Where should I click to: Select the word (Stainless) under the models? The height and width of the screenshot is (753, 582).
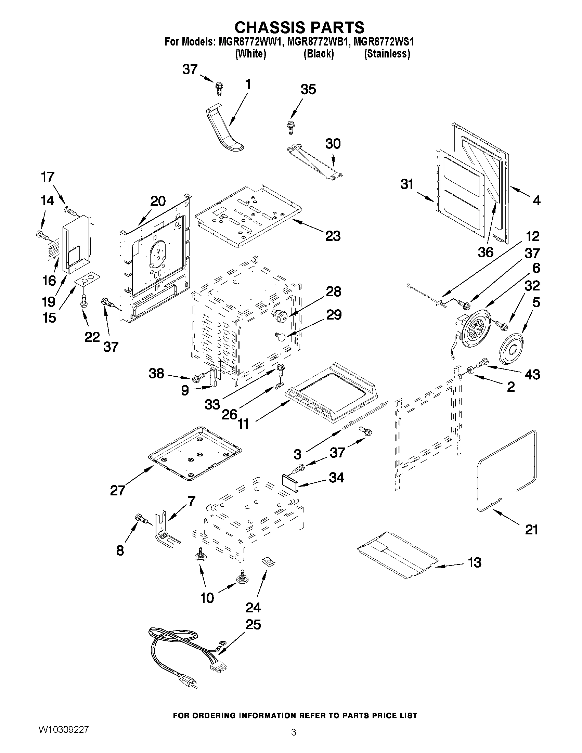(x=387, y=54)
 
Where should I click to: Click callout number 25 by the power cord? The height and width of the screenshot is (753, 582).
(x=253, y=624)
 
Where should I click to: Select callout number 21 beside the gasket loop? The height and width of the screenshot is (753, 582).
(x=531, y=529)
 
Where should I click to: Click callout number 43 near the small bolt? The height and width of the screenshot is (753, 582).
(x=532, y=374)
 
